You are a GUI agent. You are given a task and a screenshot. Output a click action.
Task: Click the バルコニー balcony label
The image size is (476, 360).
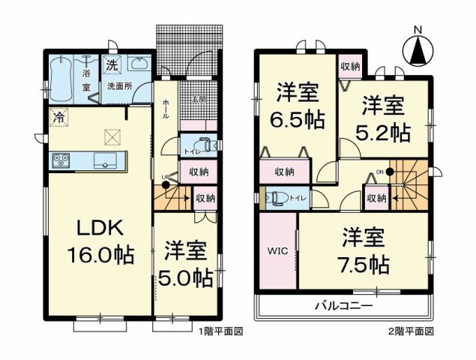pos(343,307)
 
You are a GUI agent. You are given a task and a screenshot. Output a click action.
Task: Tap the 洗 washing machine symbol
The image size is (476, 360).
pos(112,65)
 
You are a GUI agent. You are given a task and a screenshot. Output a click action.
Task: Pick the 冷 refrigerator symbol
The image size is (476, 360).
pos(57,117)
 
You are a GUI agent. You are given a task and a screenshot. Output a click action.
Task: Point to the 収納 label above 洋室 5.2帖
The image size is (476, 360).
pos(349,66)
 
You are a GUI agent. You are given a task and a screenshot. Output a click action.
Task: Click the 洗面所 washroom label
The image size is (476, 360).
pos(118,86)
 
